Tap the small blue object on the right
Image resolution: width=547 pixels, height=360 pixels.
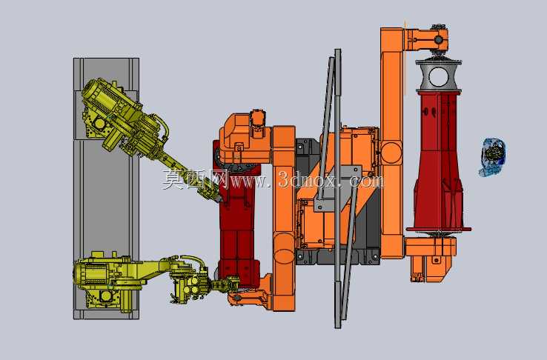[493, 157]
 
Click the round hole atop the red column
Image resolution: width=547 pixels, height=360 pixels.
[438, 77]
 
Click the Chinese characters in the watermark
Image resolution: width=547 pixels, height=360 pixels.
[195, 179]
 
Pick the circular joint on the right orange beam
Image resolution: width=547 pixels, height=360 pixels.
[391, 153]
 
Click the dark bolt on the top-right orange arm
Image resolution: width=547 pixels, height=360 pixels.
[439, 40]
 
